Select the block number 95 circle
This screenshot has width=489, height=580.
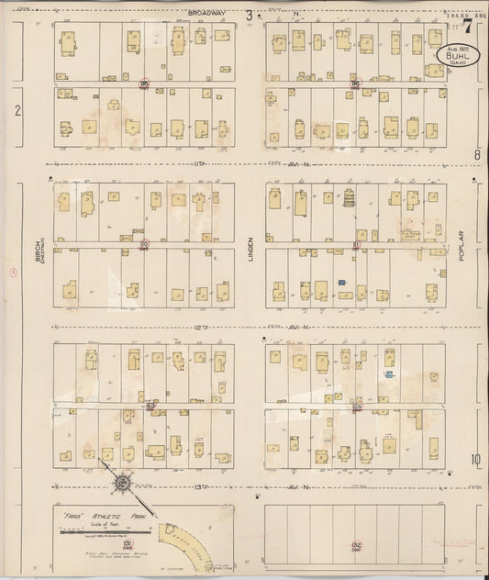click(x=144, y=84)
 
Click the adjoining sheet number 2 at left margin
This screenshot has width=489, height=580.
click(x=17, y=110)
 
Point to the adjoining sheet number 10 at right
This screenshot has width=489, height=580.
click(x=476, y=460)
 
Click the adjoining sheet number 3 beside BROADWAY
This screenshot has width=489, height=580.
click(x=249, y=14)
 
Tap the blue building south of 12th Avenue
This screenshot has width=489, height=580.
click(x=389, y=374)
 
